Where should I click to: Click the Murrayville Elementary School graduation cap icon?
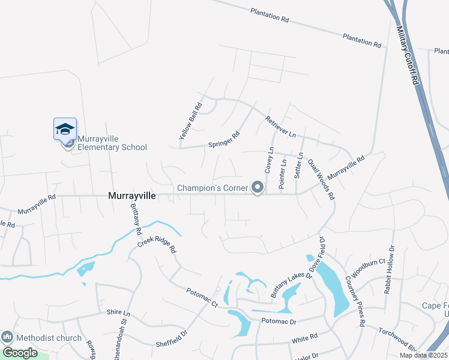(x=65, y=129)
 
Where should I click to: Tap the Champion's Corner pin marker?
(x=258, y=188)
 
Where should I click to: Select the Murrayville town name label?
(x=132, y=196)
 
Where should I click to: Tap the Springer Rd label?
(x=224, y=140)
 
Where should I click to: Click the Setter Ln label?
(x=300, y=165)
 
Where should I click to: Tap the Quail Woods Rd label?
(x=321, y=179)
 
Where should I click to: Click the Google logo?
(x=20, y=353)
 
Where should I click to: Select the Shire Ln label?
(x=118, y=313)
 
